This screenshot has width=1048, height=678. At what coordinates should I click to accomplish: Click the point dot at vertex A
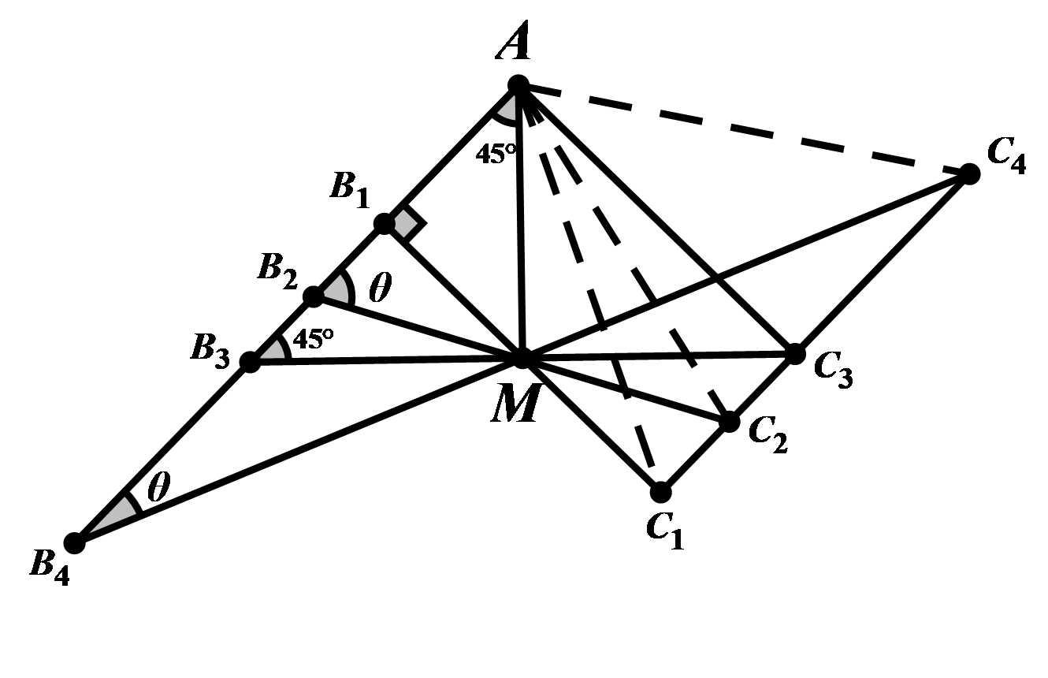coord(518,85)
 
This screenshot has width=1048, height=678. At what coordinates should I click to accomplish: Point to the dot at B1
coord(384,224)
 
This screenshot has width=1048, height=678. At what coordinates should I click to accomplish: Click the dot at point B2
coord(313,296)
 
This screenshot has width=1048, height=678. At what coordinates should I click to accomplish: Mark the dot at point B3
coord(249,363)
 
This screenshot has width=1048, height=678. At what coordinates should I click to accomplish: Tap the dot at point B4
coord(74,542)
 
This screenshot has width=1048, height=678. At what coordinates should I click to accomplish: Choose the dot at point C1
coord(660,492)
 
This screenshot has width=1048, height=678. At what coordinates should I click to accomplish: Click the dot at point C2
coord(730,422)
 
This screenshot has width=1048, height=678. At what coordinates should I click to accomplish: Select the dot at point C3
coord(795,354)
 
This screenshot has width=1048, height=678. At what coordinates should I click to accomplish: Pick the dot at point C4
coord(970,173)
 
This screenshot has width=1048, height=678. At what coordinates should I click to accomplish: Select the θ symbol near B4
coord(158,489)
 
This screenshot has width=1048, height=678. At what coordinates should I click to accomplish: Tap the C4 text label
coord(1005,155)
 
